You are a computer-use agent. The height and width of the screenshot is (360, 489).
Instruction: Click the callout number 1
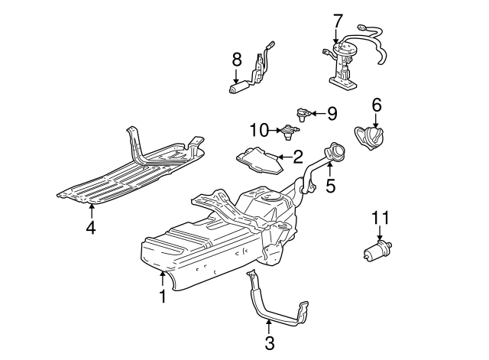tap(162, 296)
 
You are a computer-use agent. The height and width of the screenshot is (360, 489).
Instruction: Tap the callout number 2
tap(298, 157)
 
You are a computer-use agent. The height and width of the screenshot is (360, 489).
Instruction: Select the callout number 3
tap(269, 343)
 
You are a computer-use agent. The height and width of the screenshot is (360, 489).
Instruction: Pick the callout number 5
tap(330, 185)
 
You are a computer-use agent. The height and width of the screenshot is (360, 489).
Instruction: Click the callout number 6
tap(376, 104)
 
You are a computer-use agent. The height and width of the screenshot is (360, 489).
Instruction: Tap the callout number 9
tap(331, 113)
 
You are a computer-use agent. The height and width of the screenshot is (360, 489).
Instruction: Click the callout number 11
tap(380, 219)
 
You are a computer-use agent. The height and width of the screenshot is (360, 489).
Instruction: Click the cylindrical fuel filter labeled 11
tap(380, 250)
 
